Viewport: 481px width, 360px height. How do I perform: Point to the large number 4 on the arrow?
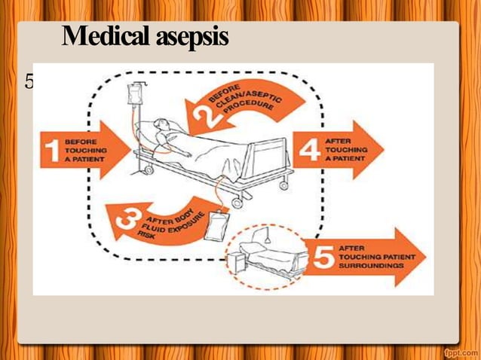pyautogui.click(x=308, y=149)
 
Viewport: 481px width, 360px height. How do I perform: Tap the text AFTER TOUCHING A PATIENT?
pyautogui.click(x=346, y=149)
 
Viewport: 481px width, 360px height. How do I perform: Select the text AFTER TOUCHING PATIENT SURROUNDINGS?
pyautogui.click(x=375, y=257)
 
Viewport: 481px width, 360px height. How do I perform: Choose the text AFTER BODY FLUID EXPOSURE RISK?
pyautogui.click(x=167, y=224)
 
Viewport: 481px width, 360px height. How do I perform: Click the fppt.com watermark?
pyautogui.click(x=458, y=351)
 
